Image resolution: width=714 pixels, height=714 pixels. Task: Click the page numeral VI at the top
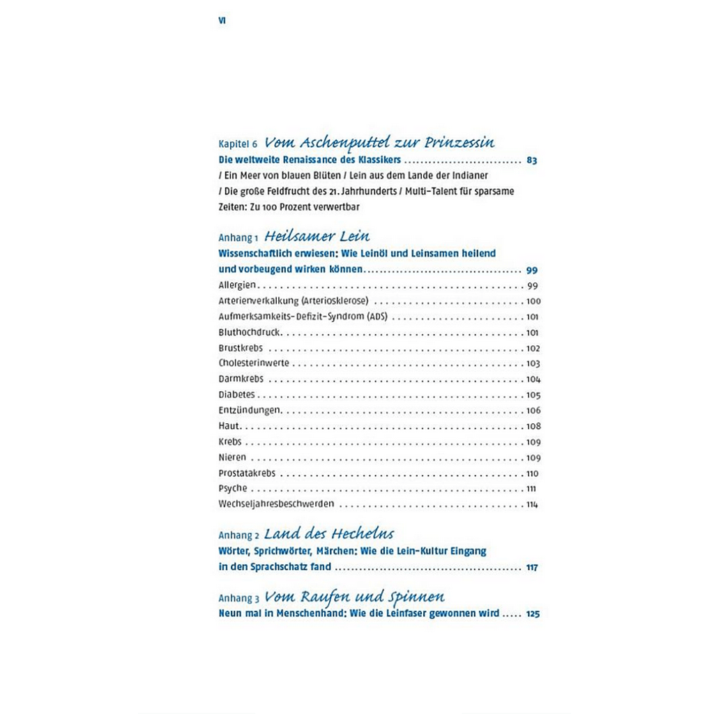pos(222,21)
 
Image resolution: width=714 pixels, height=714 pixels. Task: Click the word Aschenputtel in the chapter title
pos(338,143)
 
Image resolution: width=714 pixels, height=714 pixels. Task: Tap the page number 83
pos(532,160)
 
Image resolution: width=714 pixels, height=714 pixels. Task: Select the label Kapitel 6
pos(238,144)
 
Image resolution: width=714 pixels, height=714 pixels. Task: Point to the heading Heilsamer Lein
pos(317,236)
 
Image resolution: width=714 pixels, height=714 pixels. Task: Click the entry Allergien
pos(238,286)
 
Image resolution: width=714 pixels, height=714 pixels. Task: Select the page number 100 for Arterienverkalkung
pos(533,301)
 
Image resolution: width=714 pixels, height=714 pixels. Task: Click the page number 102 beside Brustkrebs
pos(533,348)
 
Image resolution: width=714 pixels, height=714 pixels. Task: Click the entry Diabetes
pos(236,395)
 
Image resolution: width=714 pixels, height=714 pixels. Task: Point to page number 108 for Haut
pos(533,426)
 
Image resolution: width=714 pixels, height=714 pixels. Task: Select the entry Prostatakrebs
pos(246,473)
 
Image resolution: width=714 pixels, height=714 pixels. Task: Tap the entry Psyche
pos(232,488)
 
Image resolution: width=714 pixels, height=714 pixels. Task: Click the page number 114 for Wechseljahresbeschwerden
pos(533,504)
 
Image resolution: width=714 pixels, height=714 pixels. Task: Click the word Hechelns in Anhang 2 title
pos(362,534)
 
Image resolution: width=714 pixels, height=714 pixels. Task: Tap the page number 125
pos(533,614)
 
